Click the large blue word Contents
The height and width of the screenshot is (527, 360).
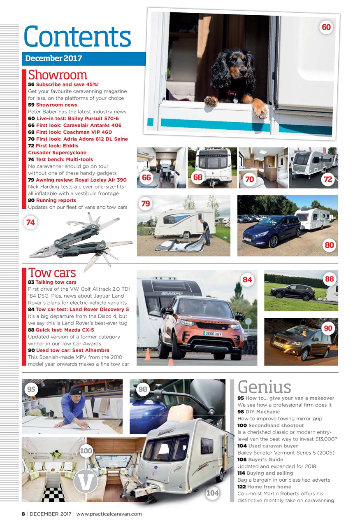tap(77, 36)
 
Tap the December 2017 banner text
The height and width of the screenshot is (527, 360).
tap(53, 58)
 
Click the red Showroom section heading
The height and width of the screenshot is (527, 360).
tap(58, 75)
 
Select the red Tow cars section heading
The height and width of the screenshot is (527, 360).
tap(52, 273)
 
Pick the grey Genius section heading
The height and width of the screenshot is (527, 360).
tap(264, 387)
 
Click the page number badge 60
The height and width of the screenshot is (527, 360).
tap(326, 27)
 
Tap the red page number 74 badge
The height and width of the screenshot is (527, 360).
tap(30, 222)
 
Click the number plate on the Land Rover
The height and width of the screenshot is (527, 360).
tap(212, 333)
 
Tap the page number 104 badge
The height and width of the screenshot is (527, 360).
tap(213, 493)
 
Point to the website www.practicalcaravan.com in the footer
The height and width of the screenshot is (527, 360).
tap(109, 514)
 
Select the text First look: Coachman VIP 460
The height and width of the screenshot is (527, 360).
tap(74, 132)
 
